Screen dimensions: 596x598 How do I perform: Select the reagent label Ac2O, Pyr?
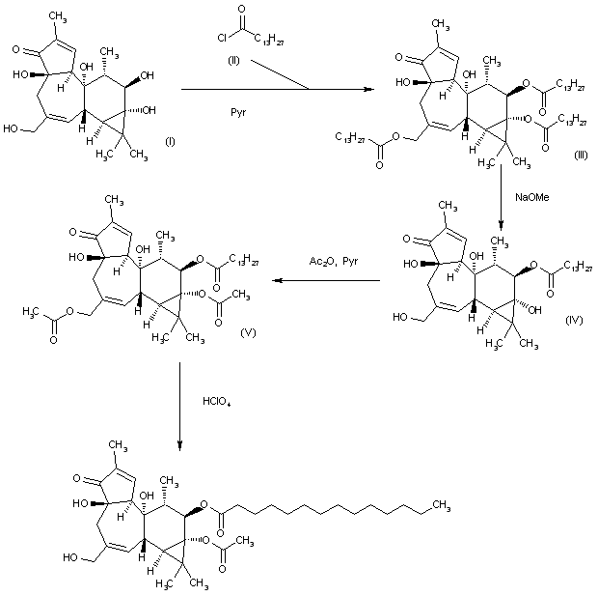[331, 263]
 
